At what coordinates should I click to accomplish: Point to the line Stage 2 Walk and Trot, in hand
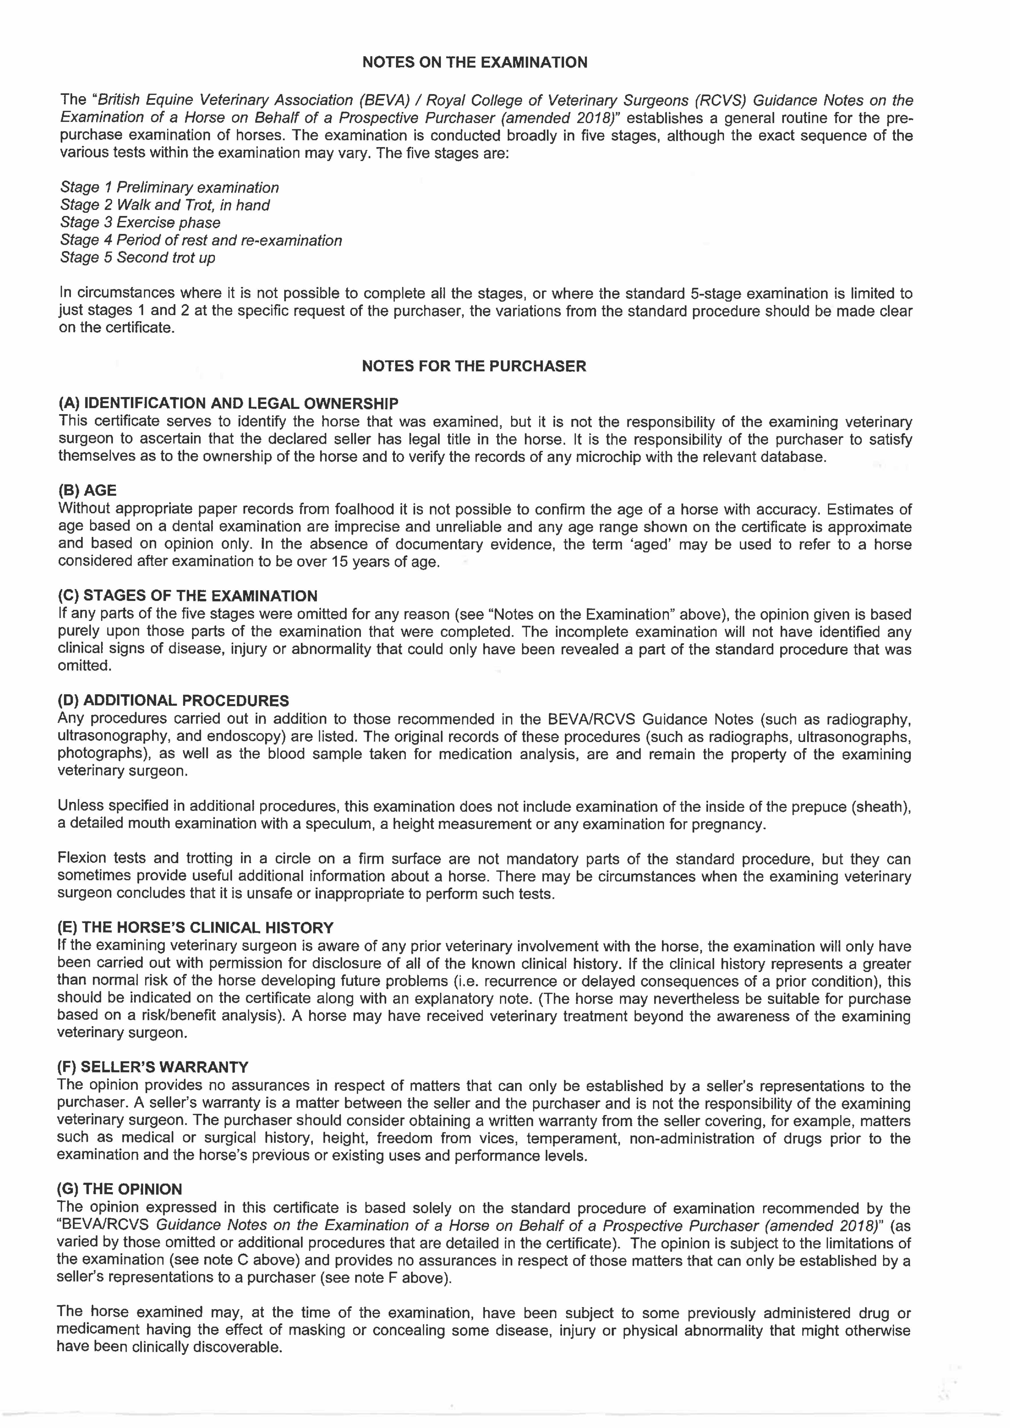165,205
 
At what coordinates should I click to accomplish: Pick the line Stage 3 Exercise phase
140,223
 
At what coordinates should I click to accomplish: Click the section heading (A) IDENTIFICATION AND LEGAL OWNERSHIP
228,404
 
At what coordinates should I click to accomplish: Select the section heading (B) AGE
87,491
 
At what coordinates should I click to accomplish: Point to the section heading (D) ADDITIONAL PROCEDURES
173,701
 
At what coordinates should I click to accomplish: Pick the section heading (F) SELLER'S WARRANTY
153,1067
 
